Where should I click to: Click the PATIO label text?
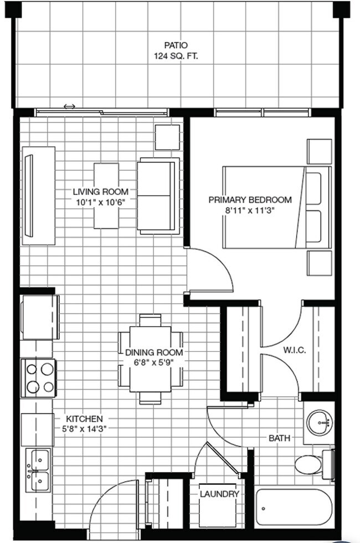[176, 45]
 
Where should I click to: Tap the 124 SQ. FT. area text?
[176, 56]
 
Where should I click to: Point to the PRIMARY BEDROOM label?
[250, 199]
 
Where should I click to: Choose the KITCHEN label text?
[84, 418]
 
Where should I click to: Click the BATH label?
[280, 438]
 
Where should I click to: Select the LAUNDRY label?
[219, 494]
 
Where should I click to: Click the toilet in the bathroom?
[310, 464]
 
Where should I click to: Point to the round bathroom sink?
[318, 423]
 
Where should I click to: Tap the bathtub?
[294, 507]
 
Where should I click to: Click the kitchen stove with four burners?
[39, 378]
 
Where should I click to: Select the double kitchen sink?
[38, 468]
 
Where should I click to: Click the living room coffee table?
[106, 196]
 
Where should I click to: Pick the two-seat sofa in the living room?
[157, 196]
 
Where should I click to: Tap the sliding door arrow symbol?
[69, 106]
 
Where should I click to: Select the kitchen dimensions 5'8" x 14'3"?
[84, 428]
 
